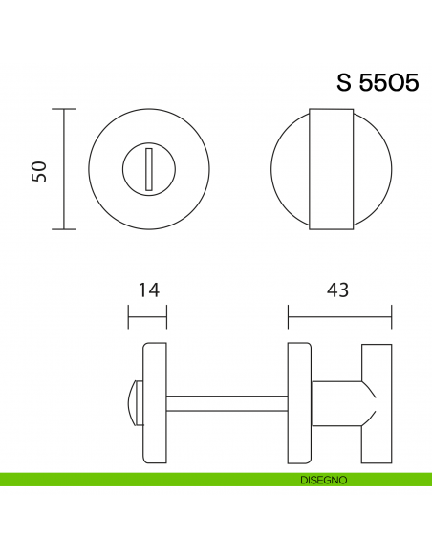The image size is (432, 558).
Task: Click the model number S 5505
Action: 377,82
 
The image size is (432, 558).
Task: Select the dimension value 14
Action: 147,289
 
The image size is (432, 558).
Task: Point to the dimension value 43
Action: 339,289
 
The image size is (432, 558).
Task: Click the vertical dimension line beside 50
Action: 63,170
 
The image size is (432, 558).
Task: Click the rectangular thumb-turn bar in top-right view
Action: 332,170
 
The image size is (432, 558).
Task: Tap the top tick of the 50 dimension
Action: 63,110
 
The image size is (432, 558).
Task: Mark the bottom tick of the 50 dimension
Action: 63,229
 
